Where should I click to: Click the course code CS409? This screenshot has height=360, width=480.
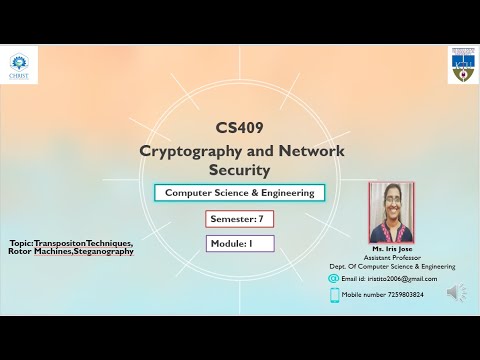(239, 128)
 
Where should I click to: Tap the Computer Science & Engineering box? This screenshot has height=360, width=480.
(239, 192)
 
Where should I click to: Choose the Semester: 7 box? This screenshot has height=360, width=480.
(239, 218)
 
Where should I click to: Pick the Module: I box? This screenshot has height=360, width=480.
(239, 243)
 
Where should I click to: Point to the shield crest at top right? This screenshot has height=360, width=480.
(460, 65)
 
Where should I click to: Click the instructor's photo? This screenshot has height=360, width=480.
(391, 211)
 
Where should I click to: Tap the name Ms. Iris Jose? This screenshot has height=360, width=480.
(391, 247)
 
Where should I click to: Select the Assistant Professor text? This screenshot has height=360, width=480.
(391, 256)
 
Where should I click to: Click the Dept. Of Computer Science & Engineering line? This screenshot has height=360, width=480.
(391, 266)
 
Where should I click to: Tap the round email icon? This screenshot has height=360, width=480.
(333, 279)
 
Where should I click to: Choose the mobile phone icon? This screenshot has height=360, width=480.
(333, 294)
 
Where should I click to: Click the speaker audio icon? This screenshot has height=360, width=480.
(456, 292)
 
